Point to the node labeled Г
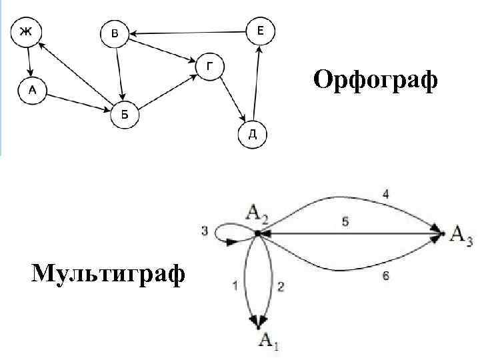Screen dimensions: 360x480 [x=210, y=66]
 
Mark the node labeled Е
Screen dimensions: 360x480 [x=261, y=31]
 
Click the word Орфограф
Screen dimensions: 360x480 [x=376, y=81]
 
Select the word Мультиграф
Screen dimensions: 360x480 [x=107, y=273]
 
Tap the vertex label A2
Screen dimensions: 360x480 [x=257, y=213]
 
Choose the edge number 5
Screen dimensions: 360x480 [x=345, y=223]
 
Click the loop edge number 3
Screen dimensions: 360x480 [x=205, y=231]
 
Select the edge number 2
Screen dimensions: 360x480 [x=281, y=287]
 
